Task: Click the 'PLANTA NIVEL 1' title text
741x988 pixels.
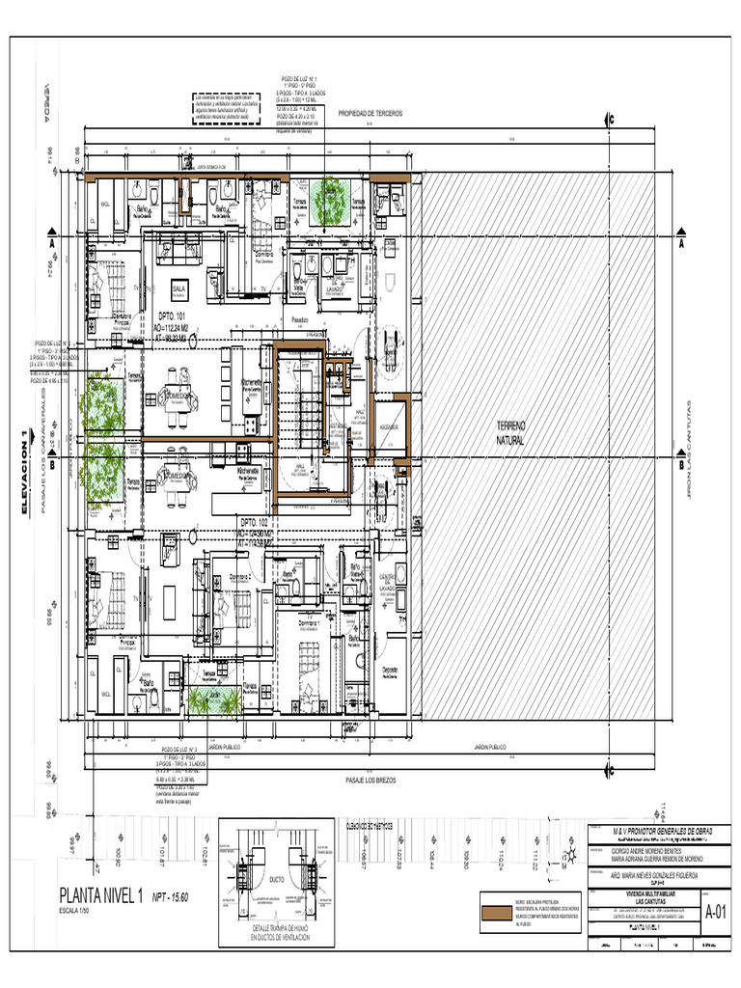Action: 100,893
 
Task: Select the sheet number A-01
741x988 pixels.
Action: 715,911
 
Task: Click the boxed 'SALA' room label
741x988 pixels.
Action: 178,288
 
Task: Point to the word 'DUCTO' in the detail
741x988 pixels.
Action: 276,879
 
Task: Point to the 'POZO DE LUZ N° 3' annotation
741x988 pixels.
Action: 180,748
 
